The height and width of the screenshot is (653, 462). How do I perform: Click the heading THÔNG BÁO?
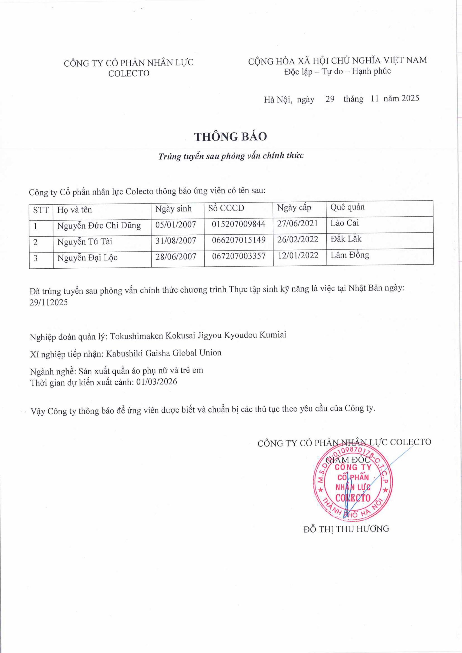click(x=231, y=137)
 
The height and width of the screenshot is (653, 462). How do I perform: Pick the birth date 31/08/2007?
click(x=176, y=241)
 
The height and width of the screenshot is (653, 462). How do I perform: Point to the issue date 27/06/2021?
click(x=297, y=223)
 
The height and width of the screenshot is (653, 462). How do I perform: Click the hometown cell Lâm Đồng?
click(x=350, y=255)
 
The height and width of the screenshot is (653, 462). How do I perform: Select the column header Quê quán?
click(x=347, y=207)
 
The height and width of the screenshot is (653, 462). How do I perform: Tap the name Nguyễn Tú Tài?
click(x=84, y=242)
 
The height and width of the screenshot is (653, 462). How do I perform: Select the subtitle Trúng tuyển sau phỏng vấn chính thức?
click(x=231, y=156)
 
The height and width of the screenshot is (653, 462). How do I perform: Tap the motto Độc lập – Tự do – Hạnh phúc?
click(x=338, y=71)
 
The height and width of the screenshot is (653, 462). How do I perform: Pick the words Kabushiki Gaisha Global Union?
click(x=164, y=353)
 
